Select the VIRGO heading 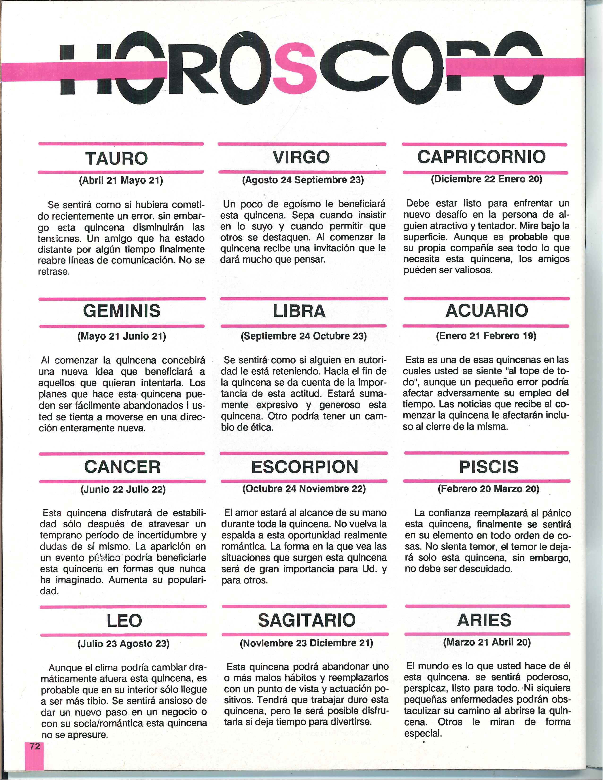tap(301, 157)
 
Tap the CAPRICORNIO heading tap(481, 156)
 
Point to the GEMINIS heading tap(122, 311)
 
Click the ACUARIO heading tap(487, 310)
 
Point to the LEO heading tap(124, 621)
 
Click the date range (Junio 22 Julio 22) tap(123, 489)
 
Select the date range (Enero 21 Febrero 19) tap(486, 336)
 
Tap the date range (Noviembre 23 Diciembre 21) tap(306, 643)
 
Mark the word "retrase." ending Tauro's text tap(54, 271)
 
